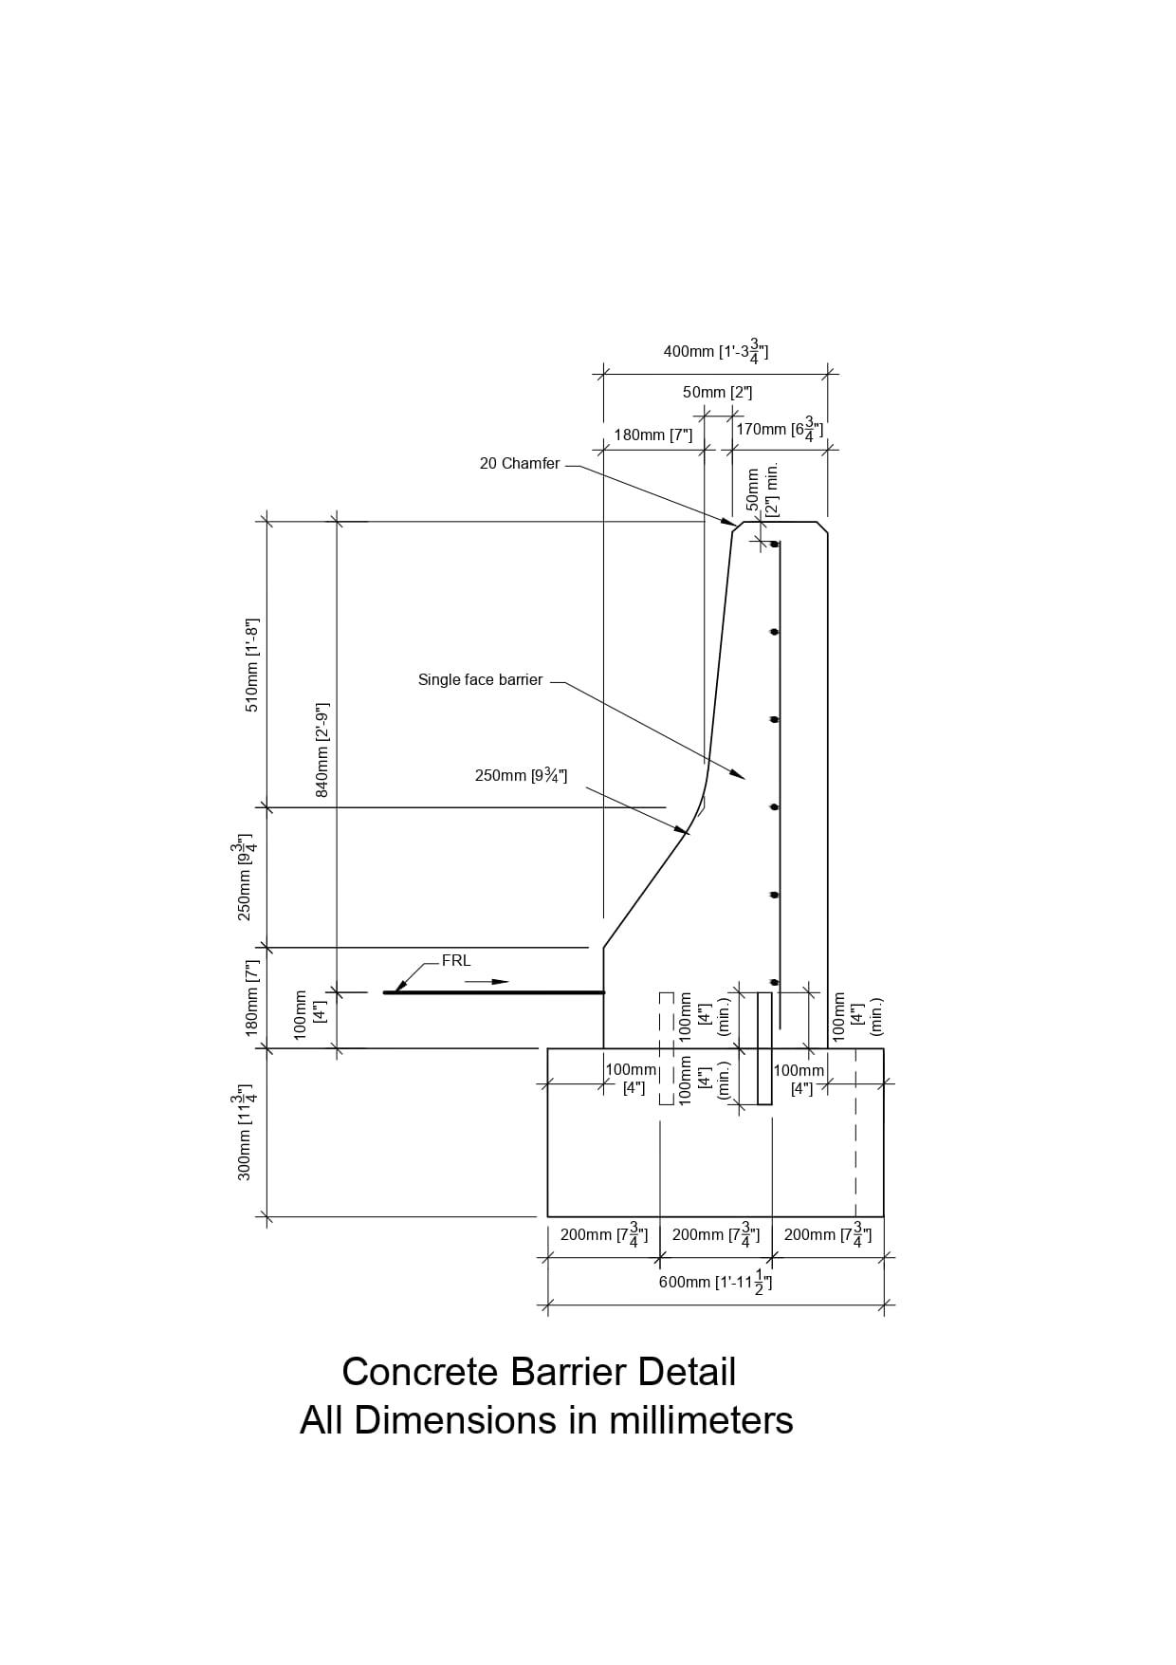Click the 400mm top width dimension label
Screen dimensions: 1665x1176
715,351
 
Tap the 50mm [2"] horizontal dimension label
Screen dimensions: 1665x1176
717,392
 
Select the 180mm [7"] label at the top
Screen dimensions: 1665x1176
652,435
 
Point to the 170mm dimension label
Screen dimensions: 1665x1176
779,430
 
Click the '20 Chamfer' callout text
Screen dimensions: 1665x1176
519,464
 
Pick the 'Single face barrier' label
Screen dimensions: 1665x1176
480,679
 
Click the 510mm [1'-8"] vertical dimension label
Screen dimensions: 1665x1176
252,664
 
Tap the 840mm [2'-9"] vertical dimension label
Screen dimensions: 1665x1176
322,749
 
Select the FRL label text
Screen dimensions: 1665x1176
456,960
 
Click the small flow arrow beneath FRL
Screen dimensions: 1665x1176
487,981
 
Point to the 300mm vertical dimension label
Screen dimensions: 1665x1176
246,1134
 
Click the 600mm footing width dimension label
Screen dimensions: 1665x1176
715,1282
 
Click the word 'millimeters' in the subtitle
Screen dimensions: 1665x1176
700,1420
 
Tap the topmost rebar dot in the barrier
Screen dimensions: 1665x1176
776,544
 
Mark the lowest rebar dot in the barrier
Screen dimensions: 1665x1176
775,982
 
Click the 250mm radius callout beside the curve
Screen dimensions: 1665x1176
521,775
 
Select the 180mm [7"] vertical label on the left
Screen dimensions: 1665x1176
252,997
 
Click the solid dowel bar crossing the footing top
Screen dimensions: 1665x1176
764,1048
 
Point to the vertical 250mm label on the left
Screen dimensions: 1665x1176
246,879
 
